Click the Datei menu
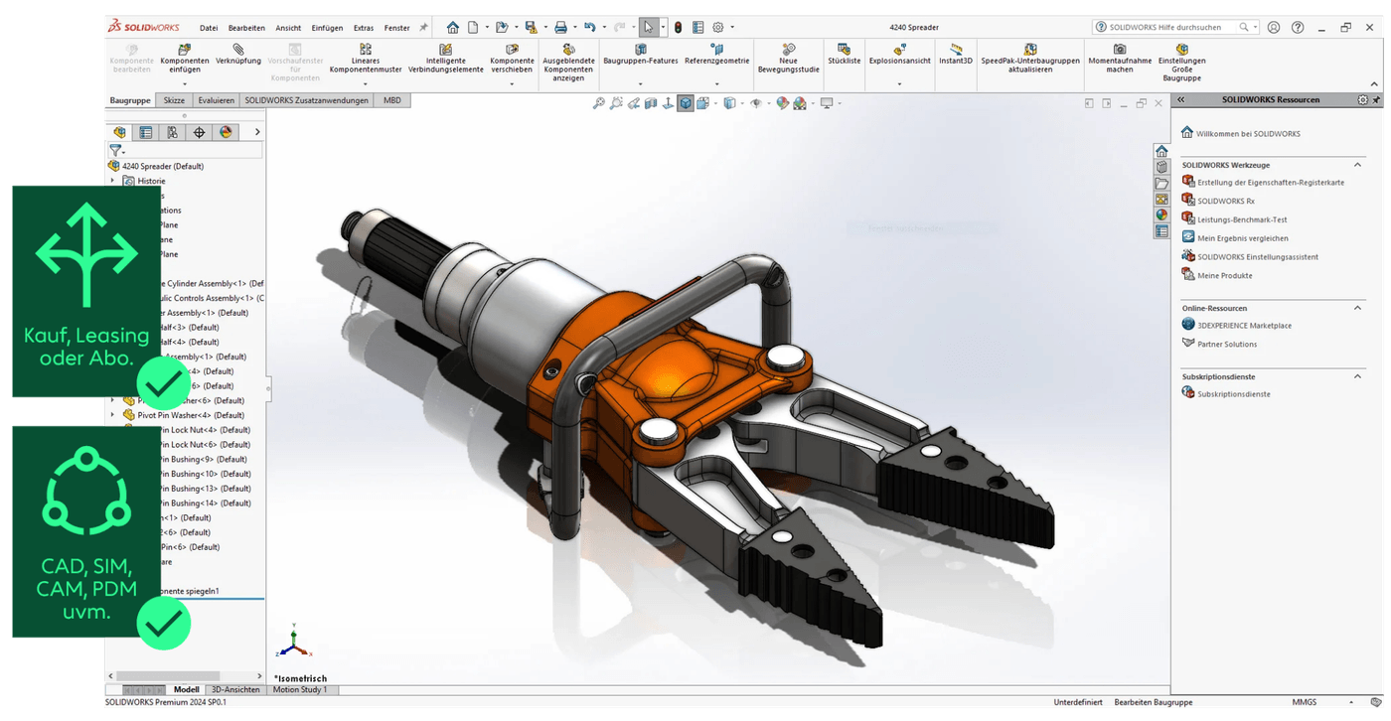point(209,28)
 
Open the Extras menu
point(363,28)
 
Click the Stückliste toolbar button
point(844,55)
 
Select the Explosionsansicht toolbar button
point(899,55)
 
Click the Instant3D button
point(956,55)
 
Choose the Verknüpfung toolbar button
point(238,55)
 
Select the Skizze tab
point(174,100)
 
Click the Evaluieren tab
point(216,100)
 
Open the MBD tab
point(392,100)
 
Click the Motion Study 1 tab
point(299,689)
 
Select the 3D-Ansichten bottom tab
point(235,689)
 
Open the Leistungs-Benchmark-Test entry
point(1242,219)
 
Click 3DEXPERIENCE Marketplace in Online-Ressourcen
point(1244,325)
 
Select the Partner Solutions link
point(1227,344)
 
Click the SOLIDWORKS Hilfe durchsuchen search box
point(1172,28)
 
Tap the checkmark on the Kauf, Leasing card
point(163,378)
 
